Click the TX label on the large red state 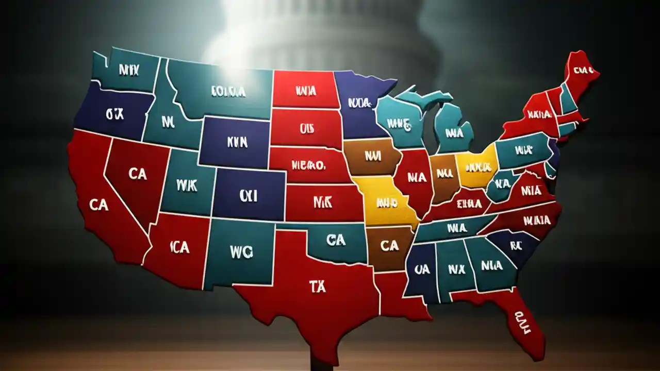click(x=318, y=288)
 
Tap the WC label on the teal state click(x=242, y=251)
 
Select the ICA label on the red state click(x=179, y=247)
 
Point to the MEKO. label click(x=308, y=166)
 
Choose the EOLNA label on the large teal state click(x=228, y=92)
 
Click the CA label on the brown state click(x=389, y=246)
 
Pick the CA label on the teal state click(x=336, y=240)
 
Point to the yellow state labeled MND click(x=388, y=202)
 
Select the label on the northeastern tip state click(x=583, y=70)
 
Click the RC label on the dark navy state click(x=516, y=246)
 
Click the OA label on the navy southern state click(x=422, y=269)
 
